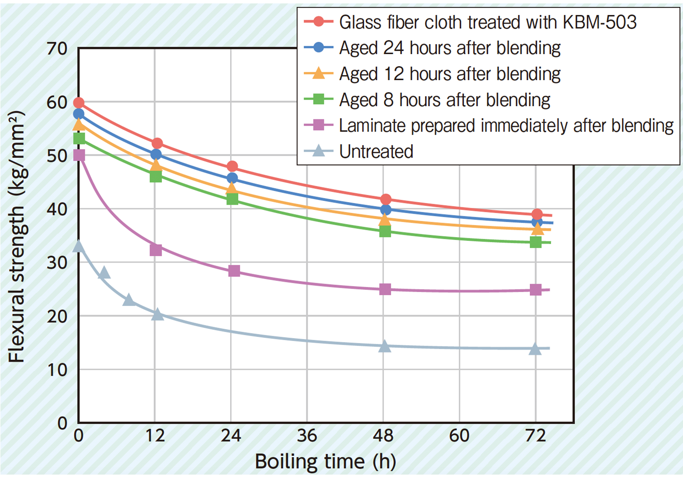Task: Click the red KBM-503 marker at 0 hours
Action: pyautogui.click(x=79, y=103)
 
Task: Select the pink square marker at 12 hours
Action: pyautogui.click(x=156, y=250)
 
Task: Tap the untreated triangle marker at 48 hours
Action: pyautogui.click(x=385, y=346)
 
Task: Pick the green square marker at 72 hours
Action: pyautogui.click(x=536, y=242)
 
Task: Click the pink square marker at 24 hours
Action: pyautogui.click(x=234, y=271)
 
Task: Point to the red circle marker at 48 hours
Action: pyautogui.click(x=385, y=199)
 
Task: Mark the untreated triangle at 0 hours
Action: pyautogui.click(x=79, y=246)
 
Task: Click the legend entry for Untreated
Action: pyautogui.click(x=376, y=151)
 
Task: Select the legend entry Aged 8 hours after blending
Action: pyautogui.click(x=444, y=100)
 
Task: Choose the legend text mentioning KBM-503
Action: pyautogui.click(x=487, y=22)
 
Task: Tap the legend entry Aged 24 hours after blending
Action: pyautogui.click(x=449, y=48)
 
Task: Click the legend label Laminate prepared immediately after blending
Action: pyautogui.click(x=506, y=125)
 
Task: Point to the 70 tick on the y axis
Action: pyautogui.click(x=57, y=49)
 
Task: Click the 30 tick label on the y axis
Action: pyautogui.click(x=57, y=262)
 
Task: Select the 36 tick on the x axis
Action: pyautogui.click(x=307, y=436)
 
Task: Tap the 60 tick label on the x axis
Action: pyautogui.click(x=459, y=436)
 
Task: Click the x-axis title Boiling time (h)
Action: pyautogui.click(x=325, y=461)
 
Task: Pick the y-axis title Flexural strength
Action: pyautogui.click(x=17, y=237)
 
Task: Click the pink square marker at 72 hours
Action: pyautogui.click(x=536, y=290)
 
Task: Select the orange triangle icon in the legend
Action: pyautogui.click(x=318, y=73)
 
